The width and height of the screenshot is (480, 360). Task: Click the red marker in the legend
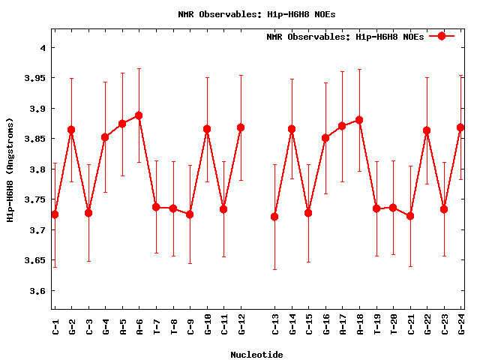pyautogui.click(x=442, y=36)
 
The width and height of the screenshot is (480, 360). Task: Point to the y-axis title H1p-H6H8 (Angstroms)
pyautogui.click(x=10, y=169)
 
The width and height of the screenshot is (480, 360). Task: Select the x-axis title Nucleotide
pyautogui.click(x=256, y=355)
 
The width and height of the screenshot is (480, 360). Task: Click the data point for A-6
pyautogui.click(x=139, y=115)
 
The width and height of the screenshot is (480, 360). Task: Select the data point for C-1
pyautogui.click(x=55, y=214)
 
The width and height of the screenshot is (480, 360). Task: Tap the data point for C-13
pyautogui.click(x=274, y=217)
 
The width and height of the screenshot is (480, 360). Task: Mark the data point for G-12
pyautogui.click(x=241, y=127)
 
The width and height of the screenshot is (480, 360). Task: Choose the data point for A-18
pyautogui.click(x=359, y=120)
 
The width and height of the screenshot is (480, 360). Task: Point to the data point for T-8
pyautogui.click(x=173, y=208)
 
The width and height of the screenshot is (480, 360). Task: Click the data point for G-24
pyautogui.click(x=460, y=127)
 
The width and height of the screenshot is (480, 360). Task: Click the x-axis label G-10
pyautogui.click(x=207, y=325)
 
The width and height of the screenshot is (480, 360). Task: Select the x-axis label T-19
pyautogui.click(x=376, y=325)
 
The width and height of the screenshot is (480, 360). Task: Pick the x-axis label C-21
pyautogui.click(x=410, y=325)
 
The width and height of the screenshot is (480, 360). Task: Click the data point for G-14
pyautogui.click(x=292, y=129)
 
